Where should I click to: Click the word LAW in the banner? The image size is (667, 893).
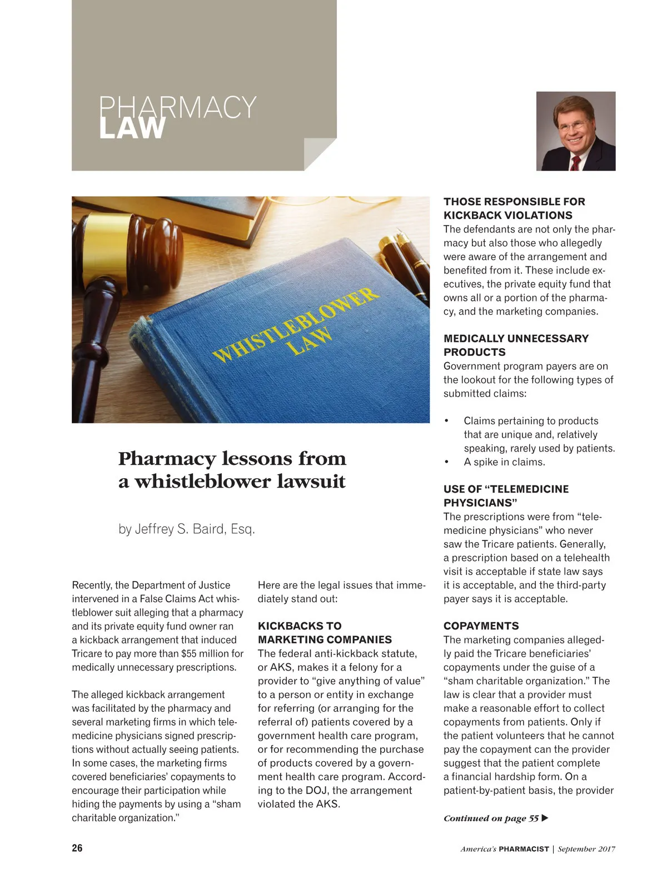pos(132,128)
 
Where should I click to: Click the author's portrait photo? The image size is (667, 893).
pos(575,131)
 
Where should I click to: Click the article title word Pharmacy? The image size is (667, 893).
pos(166,459)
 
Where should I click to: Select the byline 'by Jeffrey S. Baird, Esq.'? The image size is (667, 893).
pos(187,529)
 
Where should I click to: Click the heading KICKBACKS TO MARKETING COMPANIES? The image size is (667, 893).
pos(325,633)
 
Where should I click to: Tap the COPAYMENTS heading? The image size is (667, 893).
pos(481,626)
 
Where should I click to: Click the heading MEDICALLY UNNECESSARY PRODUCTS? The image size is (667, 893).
pos(516,345)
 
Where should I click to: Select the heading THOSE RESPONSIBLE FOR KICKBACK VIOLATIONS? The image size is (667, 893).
pos(514,209)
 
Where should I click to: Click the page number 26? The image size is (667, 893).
pos(77,848)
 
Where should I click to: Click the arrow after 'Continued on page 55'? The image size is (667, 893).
pos(545,818)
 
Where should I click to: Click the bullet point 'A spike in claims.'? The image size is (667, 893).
pos(504,462)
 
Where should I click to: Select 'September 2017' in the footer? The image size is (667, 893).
pos(586,849)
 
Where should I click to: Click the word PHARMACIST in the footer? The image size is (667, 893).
pos(524,849)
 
